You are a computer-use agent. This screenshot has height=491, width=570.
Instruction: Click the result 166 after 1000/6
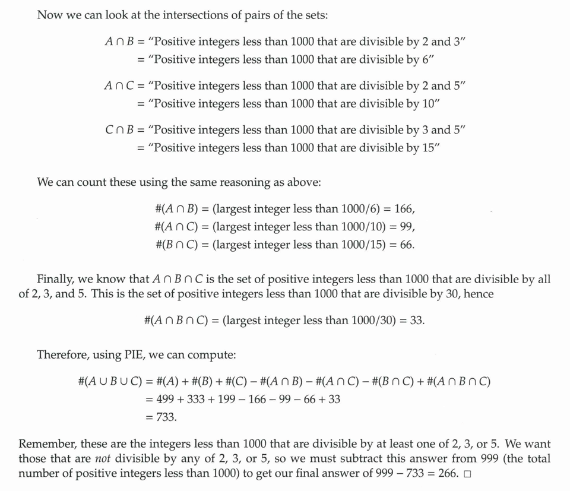click(x=403, y=209)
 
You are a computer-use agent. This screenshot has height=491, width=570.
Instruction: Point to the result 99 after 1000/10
click(x=405, y=226)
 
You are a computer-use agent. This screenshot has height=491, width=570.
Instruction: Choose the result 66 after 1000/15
click(x=406, y=244)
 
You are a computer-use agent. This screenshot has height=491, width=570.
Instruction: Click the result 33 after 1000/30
click(x=416, y=320)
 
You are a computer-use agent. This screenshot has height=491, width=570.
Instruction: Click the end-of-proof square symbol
click(x=467, y=474)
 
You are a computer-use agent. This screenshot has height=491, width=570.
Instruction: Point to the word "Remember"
click(x=47, y=444)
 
